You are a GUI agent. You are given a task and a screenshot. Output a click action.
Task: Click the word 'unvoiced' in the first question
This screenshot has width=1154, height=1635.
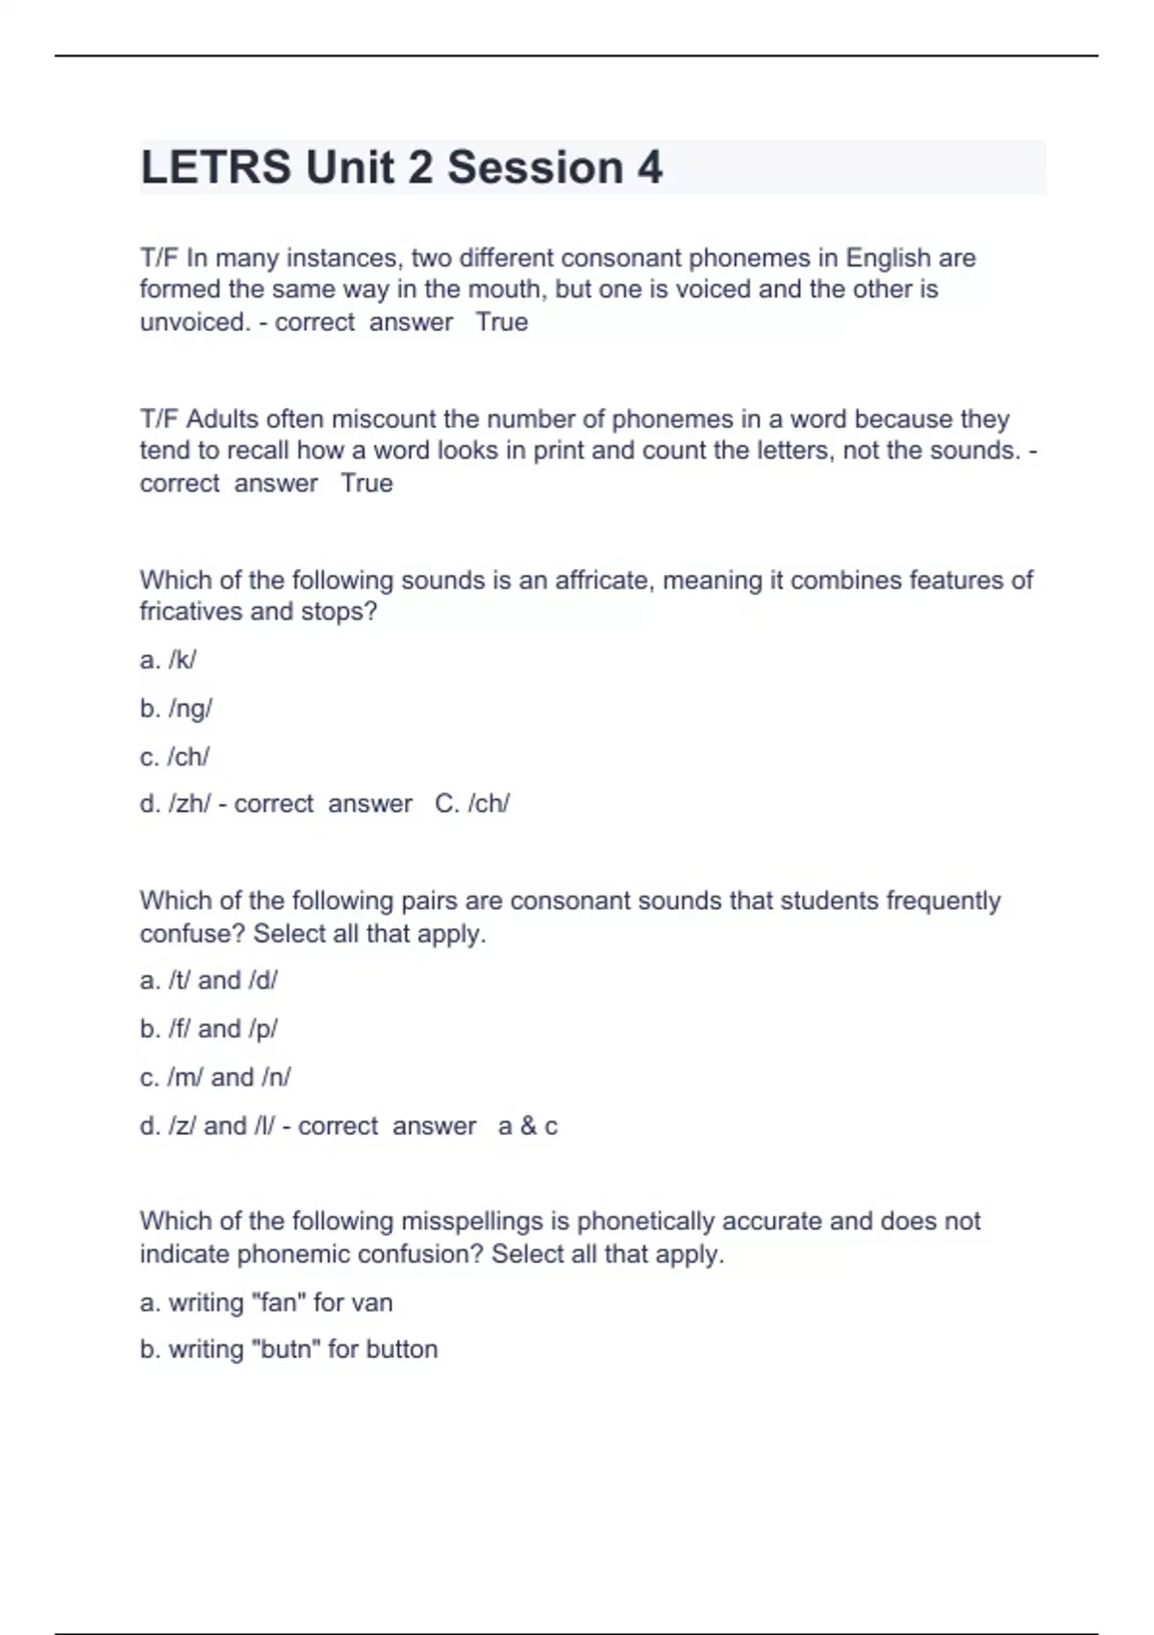(193, 321)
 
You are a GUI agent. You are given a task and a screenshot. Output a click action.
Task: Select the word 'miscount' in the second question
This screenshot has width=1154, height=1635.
(383, 419)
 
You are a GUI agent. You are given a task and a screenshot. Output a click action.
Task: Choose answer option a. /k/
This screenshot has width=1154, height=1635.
(168, 660)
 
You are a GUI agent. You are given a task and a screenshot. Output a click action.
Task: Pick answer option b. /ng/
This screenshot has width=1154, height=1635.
(176, 709)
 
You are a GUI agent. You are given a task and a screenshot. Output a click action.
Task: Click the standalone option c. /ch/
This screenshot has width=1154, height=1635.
(175, 757)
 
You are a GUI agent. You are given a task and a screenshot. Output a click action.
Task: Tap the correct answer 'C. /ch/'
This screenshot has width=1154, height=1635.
(472, 804)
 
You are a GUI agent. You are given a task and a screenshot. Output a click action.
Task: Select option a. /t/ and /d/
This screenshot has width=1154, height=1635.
(209, 980)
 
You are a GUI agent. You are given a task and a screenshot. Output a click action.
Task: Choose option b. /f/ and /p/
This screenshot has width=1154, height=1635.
(209, 1029)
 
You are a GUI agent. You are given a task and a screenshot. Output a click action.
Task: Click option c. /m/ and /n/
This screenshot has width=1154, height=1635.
(215, 1077)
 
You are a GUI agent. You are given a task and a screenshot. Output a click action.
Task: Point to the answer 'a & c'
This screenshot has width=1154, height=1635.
(528, 1126)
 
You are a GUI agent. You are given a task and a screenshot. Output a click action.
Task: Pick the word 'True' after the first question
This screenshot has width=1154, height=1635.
(502, 321)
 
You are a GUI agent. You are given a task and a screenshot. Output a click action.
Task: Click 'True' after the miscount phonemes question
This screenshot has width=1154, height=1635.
(366, 483)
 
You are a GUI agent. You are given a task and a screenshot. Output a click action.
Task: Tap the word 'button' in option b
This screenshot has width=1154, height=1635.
(400, 1349)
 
